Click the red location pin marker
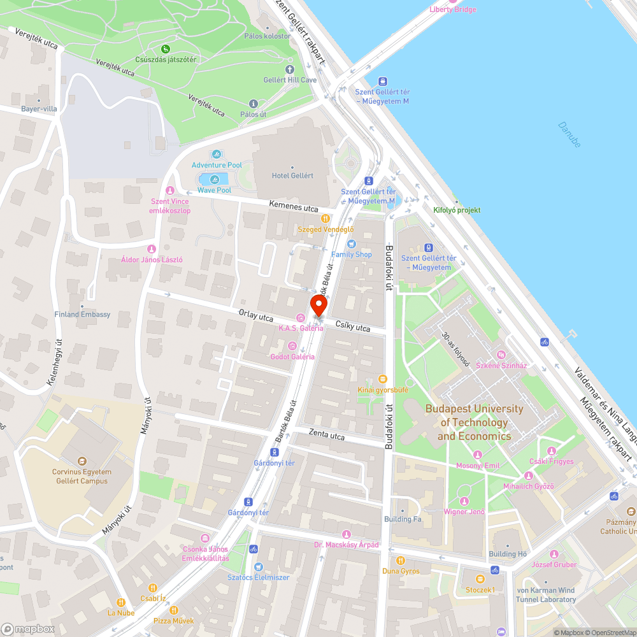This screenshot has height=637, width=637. [318, 306]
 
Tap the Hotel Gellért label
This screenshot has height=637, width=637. [292, 176]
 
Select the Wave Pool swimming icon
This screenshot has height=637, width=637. [214, 179]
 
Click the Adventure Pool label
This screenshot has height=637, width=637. [217, 165]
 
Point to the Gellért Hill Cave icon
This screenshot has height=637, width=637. [290, 69]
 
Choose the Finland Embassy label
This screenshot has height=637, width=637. [82, 314]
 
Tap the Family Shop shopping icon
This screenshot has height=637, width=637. [351, 243]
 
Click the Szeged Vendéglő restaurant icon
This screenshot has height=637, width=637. [326, 218]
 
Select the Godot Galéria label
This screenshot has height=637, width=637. [292, 356]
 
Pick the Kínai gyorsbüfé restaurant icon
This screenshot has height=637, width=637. [382, 378]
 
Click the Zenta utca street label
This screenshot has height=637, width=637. [326, 436]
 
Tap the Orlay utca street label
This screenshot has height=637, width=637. [255, 316]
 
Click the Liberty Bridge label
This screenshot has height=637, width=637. [453, 9]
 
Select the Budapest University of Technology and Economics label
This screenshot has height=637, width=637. [474, 422]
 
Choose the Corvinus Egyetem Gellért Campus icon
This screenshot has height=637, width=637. [81, 461]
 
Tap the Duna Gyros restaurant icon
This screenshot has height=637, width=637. [401, 560]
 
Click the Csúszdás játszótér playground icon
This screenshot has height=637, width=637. [166, 48]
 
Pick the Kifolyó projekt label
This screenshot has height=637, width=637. [457, 210]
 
